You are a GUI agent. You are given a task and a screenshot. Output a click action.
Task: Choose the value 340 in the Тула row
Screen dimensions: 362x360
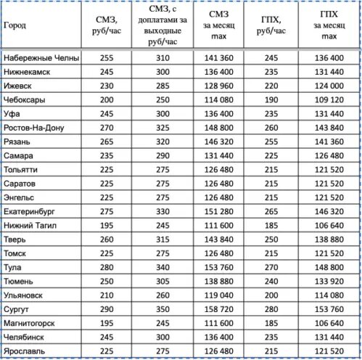162,267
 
